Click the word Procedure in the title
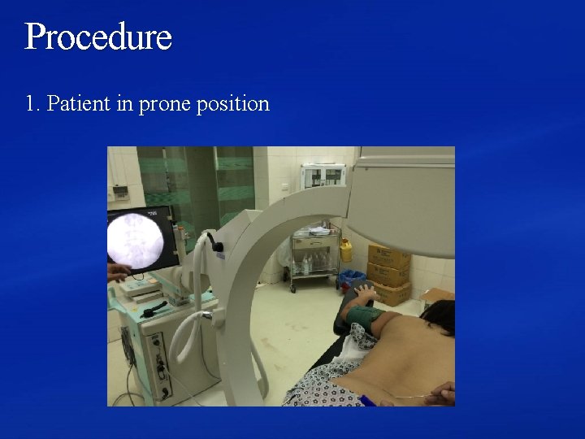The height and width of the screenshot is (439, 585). tap(98, 37)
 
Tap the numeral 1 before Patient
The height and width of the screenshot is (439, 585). tap(30, 104)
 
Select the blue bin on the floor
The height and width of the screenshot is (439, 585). tap(352, 280)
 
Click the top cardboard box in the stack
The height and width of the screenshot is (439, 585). tap(389, 255)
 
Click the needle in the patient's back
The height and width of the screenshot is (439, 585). tap(406, 396)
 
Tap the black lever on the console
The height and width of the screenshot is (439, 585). tap(154, 309)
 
